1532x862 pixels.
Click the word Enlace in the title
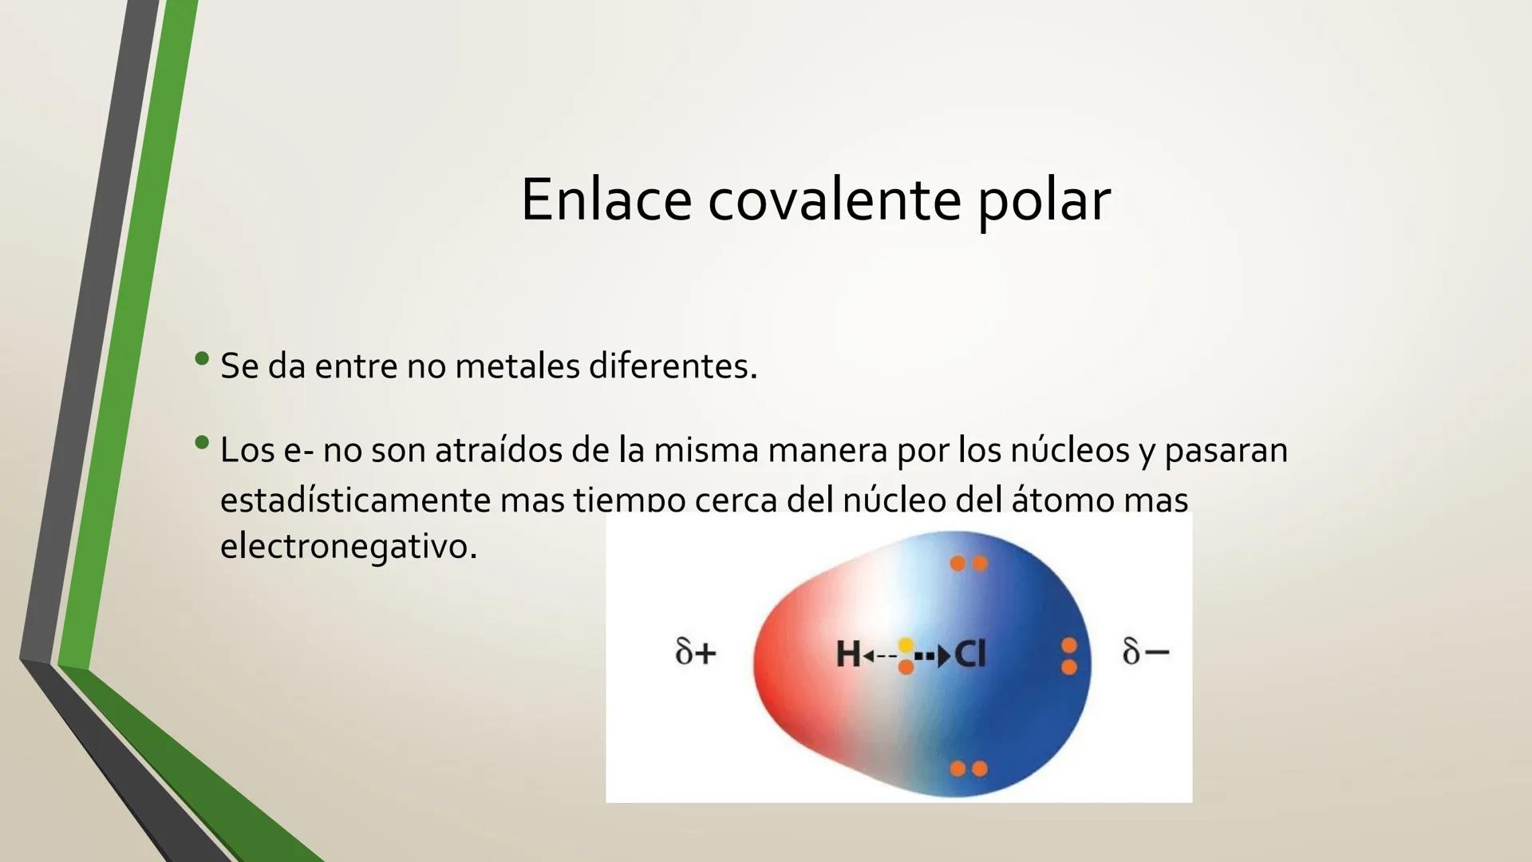[606, 200]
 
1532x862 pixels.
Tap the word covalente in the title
[834, 200]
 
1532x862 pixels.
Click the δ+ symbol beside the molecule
[696, 652]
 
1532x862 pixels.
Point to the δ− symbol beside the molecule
[1145, 652]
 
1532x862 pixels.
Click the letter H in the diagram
[847, 655]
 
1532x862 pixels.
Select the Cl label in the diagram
[970, 655]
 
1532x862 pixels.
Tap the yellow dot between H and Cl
[906, 645]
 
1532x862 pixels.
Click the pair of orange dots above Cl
[969, 563]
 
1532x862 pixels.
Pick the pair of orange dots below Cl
[969, 769]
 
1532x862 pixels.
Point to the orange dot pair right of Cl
[1069, 655]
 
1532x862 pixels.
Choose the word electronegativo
[348, 547]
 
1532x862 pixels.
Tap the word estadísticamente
[355, 500]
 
